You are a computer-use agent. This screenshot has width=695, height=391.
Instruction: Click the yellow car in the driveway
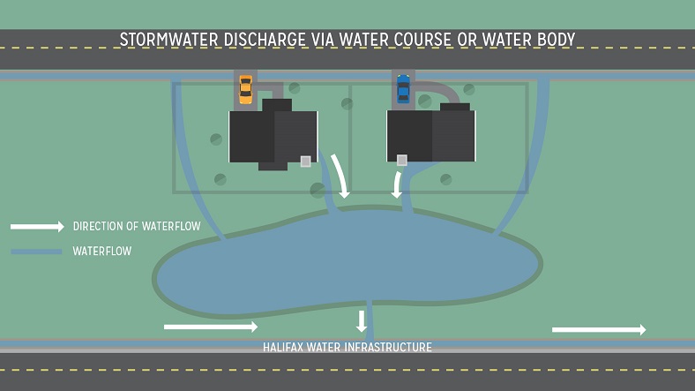point(245,90)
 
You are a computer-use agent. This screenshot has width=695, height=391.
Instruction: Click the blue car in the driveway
point(403,88)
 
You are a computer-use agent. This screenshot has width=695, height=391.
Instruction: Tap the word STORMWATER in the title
point(168,40)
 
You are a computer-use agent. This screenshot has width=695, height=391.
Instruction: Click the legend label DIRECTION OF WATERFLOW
point(137,226)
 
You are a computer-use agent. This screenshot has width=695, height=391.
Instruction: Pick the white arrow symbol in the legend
point(37,227)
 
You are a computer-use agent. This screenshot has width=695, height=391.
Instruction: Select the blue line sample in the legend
point(36,252)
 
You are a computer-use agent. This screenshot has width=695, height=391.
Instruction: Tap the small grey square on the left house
point(305,161)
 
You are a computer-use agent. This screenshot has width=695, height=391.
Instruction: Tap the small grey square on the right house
point(401,160)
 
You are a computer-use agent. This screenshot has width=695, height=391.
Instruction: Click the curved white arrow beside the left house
point(341,176)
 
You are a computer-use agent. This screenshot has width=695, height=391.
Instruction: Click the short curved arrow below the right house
point(397,184)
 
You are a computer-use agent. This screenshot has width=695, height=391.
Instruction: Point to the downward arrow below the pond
point(362,321)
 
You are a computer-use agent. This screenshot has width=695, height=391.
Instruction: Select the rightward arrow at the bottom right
point(599,329)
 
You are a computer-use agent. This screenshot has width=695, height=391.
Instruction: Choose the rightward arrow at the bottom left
point(211,327)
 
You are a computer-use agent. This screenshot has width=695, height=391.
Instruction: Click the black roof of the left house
point(273,135)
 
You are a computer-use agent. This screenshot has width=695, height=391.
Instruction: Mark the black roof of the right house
point(431,134)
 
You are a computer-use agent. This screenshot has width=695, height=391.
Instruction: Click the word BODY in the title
point(556,40)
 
